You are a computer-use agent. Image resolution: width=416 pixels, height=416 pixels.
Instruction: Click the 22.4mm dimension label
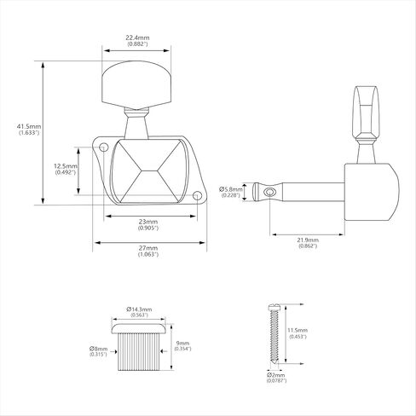[137, 38]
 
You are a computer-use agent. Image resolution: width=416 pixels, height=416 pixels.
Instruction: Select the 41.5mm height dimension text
[29, 126]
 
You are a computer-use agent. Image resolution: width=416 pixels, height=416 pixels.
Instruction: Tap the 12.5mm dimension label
[66, 166]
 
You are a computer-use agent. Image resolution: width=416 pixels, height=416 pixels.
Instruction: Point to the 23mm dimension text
[148, 222]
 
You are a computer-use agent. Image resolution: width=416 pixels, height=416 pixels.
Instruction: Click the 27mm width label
[148, 248]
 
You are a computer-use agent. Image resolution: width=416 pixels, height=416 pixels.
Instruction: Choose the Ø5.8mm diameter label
[231, 189]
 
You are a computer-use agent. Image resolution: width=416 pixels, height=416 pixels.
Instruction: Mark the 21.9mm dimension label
[308, 240]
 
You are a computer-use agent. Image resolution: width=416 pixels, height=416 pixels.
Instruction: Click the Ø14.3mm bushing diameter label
[139, 309]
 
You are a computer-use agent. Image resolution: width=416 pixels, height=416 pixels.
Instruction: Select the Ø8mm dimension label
[98, 349]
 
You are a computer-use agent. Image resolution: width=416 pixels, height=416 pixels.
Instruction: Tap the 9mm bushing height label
[182, 344]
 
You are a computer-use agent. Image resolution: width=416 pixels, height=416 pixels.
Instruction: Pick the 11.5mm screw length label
[298, 330]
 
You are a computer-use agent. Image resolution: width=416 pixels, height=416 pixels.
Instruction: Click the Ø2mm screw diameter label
[275, 375]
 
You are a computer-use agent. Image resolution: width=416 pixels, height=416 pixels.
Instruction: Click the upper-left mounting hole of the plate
[103, 147]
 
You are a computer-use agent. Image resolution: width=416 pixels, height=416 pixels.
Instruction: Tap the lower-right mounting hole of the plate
[196, 195]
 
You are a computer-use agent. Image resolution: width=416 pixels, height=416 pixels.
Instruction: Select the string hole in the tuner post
[269, 193]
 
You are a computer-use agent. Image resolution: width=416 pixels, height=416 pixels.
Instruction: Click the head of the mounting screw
[274, 307]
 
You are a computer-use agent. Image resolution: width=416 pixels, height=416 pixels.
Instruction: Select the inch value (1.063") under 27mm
[148, 254]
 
